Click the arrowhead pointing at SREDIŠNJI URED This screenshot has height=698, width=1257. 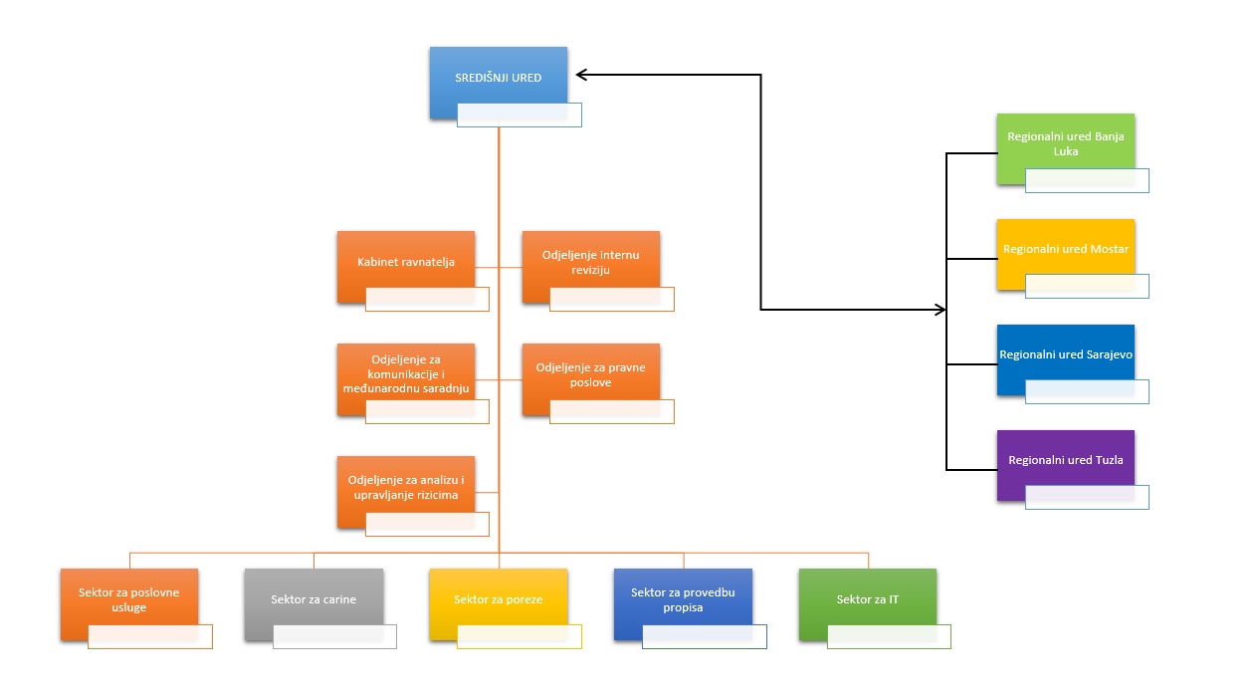point(581,75)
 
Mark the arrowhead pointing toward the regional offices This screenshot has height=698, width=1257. point(941,310)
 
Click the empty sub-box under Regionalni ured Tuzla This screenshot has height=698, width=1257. point(1087,498)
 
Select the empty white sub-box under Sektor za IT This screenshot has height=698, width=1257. point(889,637)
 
